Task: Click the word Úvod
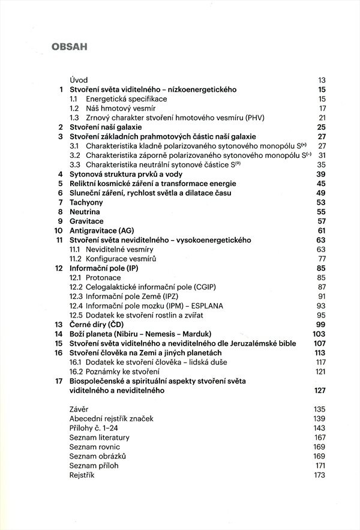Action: tap(79, 80)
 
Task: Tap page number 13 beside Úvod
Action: tap(321, 80)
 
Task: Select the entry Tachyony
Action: tap(88, 202)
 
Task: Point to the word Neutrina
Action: tap(85, 212)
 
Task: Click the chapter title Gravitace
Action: tap(87, 221)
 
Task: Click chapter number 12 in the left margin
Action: tap(59, 268)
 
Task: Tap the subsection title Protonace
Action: tap(104, 277)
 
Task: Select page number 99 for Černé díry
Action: tap(320, 324)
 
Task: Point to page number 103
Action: tap(319, 334)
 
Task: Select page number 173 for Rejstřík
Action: tap(319, 475)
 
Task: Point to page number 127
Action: tap(319, 390)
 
